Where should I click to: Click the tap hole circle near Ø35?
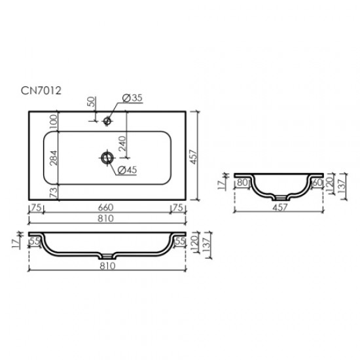(x=107, y=120)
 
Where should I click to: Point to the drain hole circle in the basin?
(x=106, y=157)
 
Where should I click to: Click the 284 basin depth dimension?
(x=54, y=159)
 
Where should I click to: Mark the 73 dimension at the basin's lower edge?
(x=54, y=192)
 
